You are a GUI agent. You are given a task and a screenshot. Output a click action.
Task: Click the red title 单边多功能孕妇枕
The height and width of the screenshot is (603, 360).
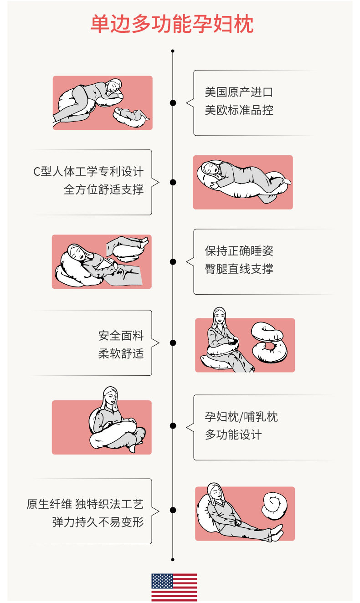click(x=172, y=24)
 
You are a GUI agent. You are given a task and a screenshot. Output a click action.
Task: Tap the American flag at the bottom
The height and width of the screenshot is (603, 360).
click(x=174, y=588)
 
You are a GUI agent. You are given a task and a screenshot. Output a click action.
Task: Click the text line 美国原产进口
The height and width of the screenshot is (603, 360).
click(x=239, y=92)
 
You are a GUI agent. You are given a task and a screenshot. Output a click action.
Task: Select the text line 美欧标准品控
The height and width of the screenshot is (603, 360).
click(x=239, y=110)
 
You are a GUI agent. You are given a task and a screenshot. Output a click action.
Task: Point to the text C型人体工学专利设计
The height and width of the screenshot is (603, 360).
click(x=88, y=172)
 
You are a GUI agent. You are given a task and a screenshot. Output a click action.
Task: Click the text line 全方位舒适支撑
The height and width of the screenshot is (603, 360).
click(x=103, y=189)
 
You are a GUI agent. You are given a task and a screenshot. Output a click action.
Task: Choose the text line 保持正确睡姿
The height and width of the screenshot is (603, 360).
click(x=239, y=251)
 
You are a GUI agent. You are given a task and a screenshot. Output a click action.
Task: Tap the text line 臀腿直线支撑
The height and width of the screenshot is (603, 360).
click(x=239, y=269)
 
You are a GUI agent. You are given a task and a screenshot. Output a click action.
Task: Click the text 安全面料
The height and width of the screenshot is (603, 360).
click(x=121, y=336)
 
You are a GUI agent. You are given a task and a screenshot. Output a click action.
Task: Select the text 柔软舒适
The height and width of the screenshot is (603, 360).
click(x=121, y=353)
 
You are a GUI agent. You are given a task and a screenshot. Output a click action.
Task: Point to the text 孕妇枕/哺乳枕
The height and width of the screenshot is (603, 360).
click(x=241, y=417)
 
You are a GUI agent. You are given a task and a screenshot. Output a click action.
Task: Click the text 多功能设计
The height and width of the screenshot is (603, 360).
click(x=233, y=434)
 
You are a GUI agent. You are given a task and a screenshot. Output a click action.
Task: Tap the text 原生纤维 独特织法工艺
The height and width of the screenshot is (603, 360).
click(x=85, y=504)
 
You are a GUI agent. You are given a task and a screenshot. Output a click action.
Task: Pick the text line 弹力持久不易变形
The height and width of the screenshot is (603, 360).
click(x=98, y=521)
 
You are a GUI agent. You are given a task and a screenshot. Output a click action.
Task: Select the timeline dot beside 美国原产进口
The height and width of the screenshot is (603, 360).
click(x=173, y=103)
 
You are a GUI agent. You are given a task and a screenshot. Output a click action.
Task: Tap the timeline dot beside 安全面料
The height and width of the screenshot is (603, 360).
click(x=173, y=342)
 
